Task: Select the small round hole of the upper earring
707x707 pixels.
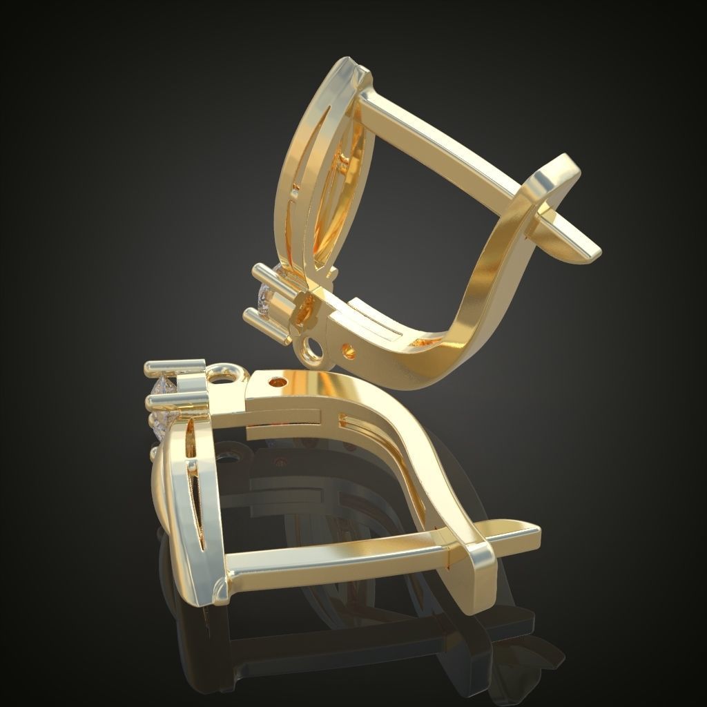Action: [x=349, y=353]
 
